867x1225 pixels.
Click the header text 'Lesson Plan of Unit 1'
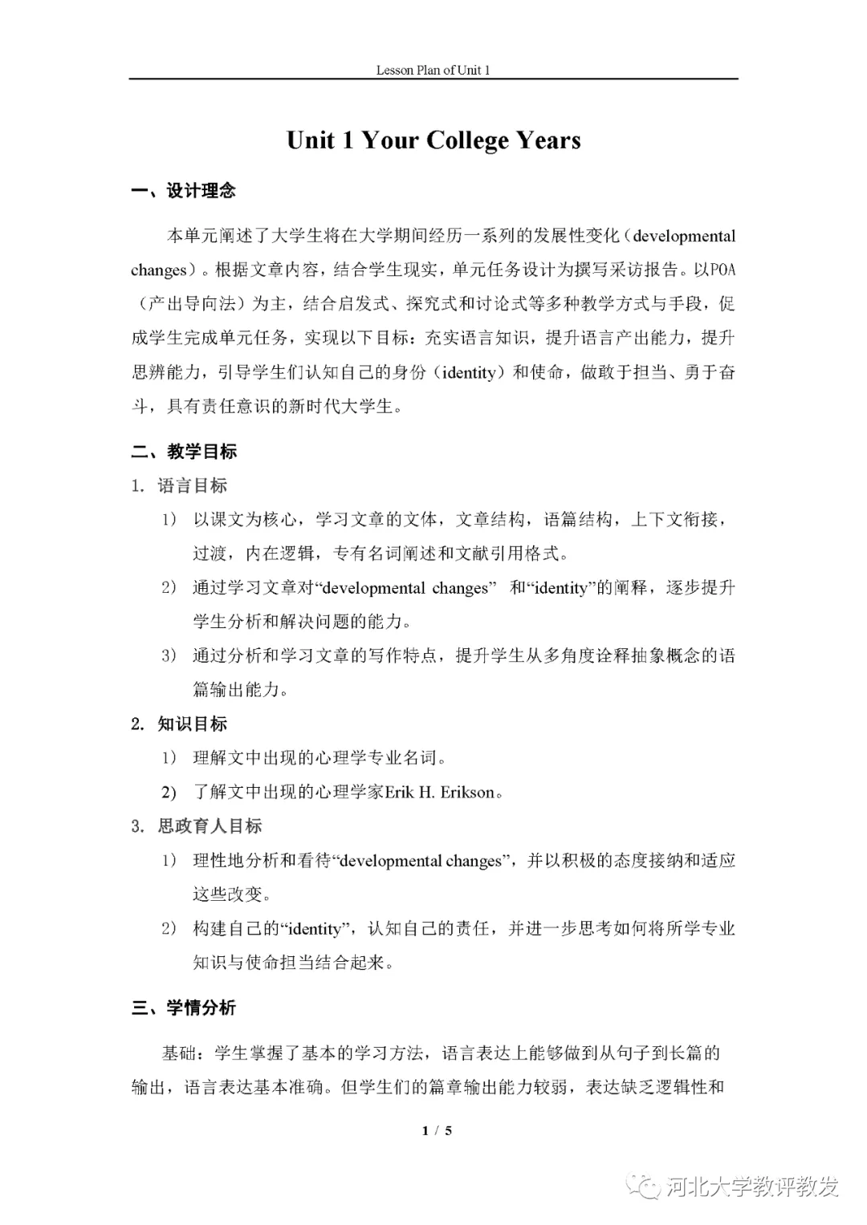(x=433, y=70)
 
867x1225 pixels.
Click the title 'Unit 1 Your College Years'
(x=433, y=140)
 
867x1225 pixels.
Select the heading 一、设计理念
(x=184, y=191)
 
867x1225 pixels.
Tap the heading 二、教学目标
(x=184, y=452)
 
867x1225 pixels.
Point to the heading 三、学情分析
(x=184, y=1008)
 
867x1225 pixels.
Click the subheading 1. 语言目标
(x=180, y=485)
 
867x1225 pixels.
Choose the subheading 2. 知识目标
(x=180, y=724)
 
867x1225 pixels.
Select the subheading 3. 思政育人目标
(x=197, y=826)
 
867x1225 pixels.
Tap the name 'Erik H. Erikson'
(x=440, y=793)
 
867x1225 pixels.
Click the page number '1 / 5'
(x=438, y=1131)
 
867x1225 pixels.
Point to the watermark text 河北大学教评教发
(x=752, y=1186)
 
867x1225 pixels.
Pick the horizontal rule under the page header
(x=433, y=79)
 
